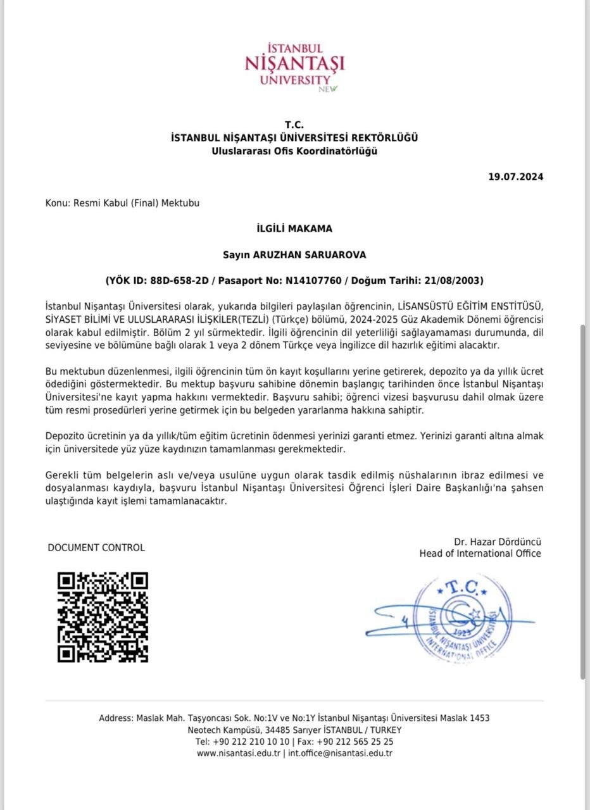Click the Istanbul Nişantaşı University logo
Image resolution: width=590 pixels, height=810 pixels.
coord(294,67)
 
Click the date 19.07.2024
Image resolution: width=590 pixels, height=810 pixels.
coord(515,177)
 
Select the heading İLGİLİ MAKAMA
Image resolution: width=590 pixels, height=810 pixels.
coord(294,228)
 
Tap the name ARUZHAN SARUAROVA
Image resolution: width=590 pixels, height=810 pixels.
coord(310,254)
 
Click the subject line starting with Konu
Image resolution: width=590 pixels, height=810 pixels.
coord(122,203)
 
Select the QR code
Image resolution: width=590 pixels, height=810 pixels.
coord(103,617)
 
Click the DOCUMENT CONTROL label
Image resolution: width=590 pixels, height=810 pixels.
coord(96,547)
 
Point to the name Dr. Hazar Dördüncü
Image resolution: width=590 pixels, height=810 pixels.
coord(497,542)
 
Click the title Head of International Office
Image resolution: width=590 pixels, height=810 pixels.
coord(480,554)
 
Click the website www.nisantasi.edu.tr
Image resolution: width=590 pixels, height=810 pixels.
coord(238,753)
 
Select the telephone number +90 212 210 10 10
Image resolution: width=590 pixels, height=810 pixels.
coord(251,742)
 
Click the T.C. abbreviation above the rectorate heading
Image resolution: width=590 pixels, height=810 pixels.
coord(294,125)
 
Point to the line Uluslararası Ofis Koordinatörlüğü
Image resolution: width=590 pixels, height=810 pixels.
coord(294,151)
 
